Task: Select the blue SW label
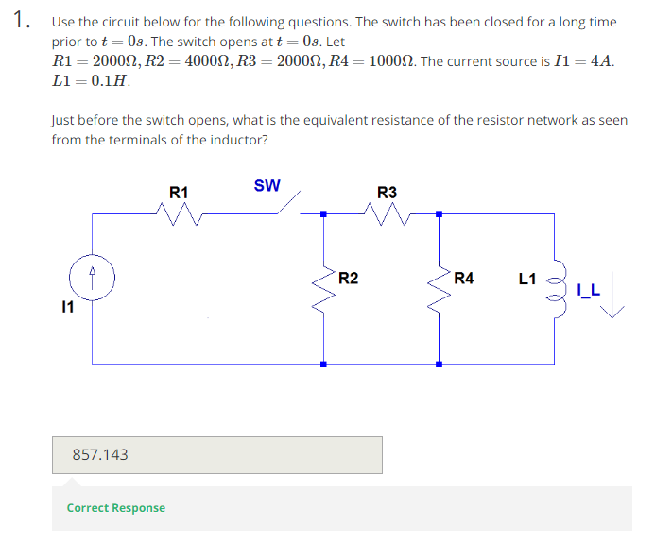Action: pyautogui.click(x=267, y=185)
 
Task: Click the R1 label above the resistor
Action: pyautogui.click(x=179, y=193)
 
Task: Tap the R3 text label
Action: pyautogui.click(x=387, y=193)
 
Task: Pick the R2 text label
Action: pyautogui.click(x=348, y=278)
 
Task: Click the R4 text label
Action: pyautogui.click(x=463, y=278)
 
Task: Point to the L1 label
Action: pyautogui.click(x=527, y=279)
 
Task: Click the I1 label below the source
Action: pyautogui.click(x=66, y=307)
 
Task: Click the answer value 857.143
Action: pyautogui.click(x=100, y=455)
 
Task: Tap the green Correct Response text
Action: pyautogui.click(x=115, y=508)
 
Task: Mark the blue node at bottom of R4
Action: pyautogui.click(x=439, y=364)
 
